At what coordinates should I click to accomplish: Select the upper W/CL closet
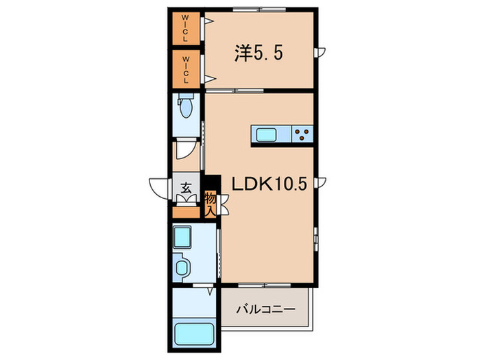click(186, 29)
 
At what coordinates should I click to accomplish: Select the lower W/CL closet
click(186, 68)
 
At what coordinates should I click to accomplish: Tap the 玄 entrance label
click(186, 186)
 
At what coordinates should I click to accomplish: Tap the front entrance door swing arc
click(156, 187)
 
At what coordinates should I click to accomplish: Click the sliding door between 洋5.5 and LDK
click(237, 90)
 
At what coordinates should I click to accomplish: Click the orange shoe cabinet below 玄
click(185, 211)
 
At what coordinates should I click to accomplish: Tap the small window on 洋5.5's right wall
click(317, 52)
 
